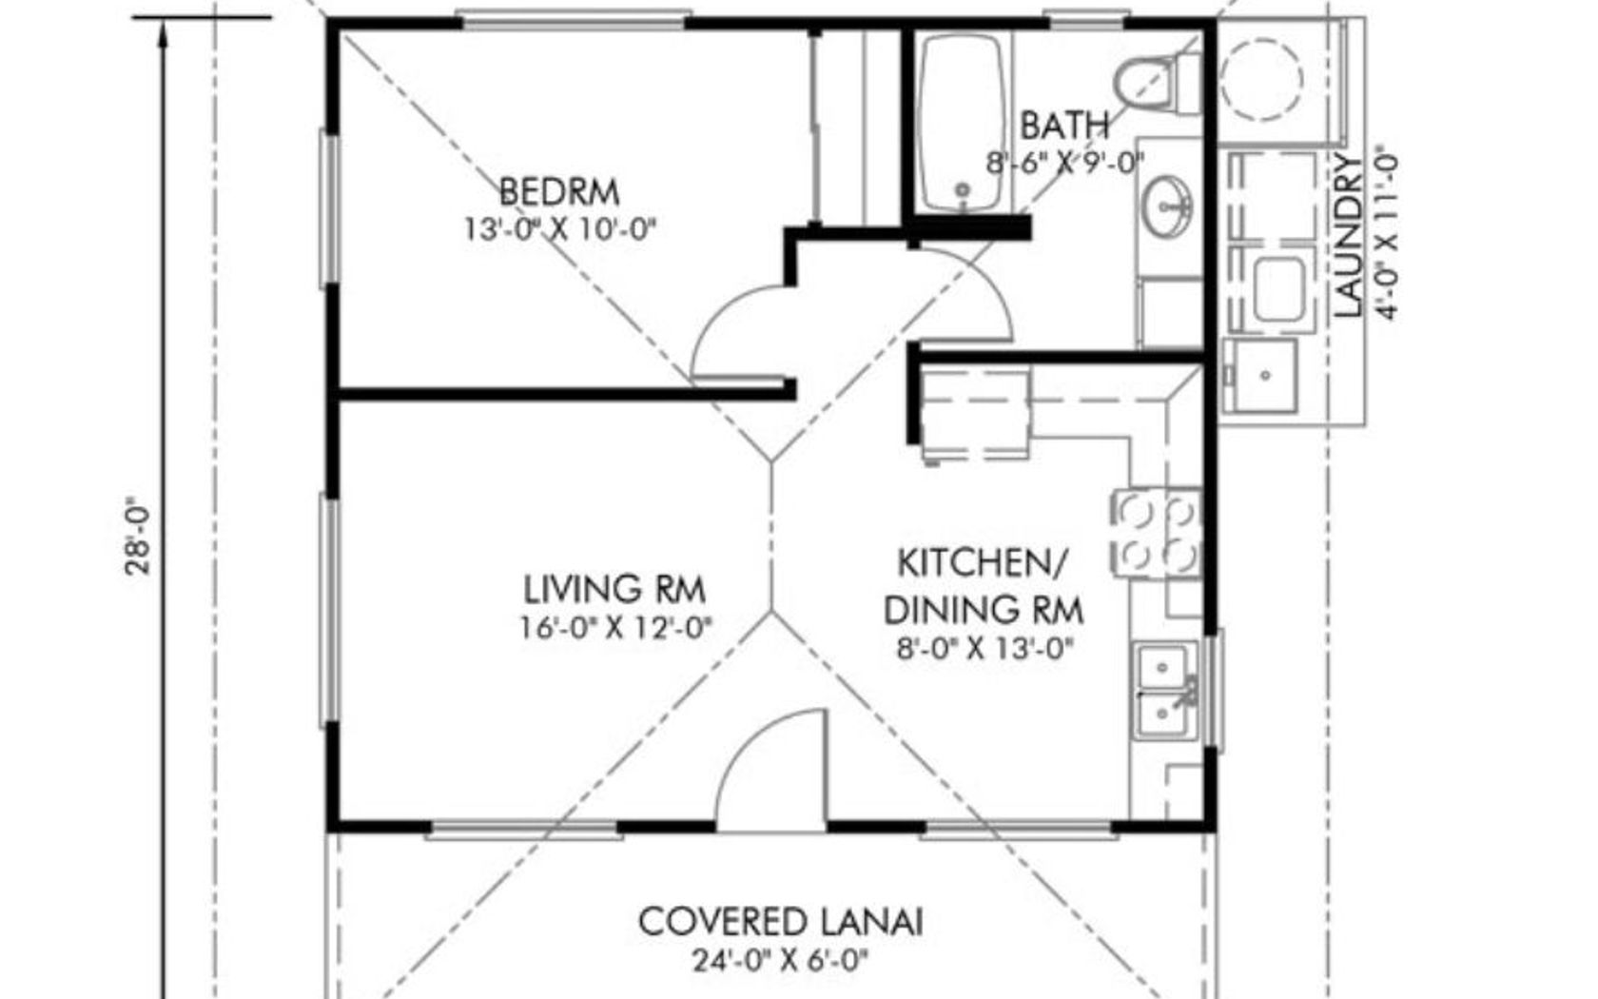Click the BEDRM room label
point(559,192)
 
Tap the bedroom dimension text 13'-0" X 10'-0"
point(560,230)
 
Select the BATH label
point(1064,127)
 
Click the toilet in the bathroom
point(1157,83)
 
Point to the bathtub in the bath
point(963,123)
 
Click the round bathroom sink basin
point(1166,206)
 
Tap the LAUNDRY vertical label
point(1349,236)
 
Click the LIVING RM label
point(614,590)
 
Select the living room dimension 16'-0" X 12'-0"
point(615,629)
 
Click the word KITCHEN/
point(983,563)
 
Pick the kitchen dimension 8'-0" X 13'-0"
point(984,649)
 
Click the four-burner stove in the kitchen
point(1156,533)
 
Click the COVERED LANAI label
point(780,922)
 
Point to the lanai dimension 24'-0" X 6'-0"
point(780,961)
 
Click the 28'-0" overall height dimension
point(139,535)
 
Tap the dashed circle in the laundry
point(1261,78)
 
